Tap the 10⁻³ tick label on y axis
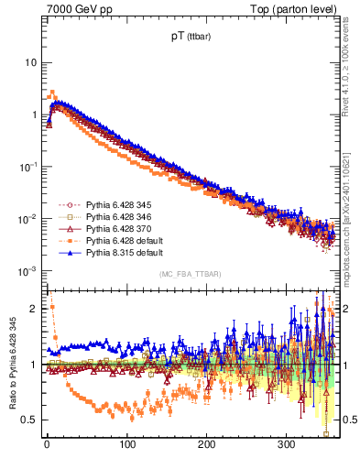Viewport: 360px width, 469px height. (30, 271)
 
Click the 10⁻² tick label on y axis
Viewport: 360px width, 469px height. (30, 219)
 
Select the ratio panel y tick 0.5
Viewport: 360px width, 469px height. (32, 420)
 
